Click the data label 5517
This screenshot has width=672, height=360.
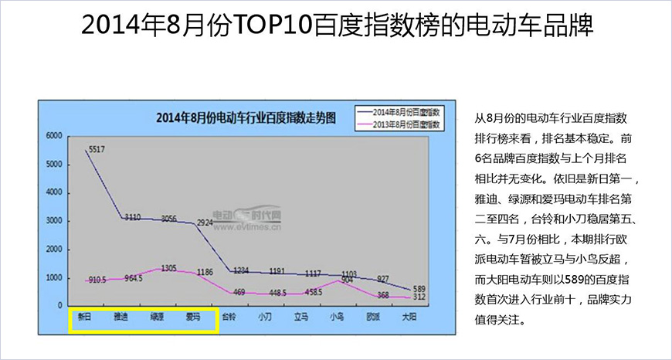(97, 149)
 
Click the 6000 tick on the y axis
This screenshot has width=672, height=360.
(53, 136)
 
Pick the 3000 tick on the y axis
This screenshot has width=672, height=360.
(53, 221)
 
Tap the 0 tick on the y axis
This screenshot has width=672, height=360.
(58, 306)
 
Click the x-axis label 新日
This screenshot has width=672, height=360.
(85, 317)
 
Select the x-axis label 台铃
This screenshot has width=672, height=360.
(229, 317)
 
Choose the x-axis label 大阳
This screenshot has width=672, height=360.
(410, 317)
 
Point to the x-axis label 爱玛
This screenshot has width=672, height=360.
(193, 317)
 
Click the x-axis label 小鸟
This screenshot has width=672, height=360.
(338, 317)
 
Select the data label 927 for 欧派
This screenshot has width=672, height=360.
(383, 279)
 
